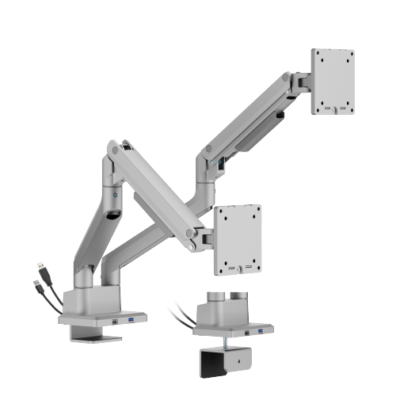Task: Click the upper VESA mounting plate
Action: point(332,82)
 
